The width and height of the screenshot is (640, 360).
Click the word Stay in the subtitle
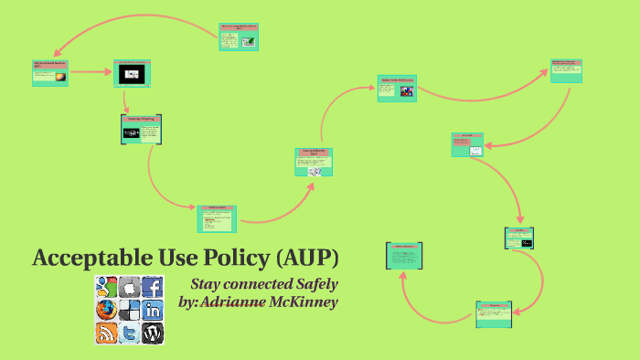point(206,284)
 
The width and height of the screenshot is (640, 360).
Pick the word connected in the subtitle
point(260,284)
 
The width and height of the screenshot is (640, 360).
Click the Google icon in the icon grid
point(106,287)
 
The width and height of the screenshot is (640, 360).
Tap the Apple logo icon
point(129,287)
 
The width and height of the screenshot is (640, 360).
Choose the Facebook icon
point(153,287)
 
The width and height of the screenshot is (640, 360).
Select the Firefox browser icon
point(106,310)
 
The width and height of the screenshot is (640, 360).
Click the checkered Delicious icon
point(129,310)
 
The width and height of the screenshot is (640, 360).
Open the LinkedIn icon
point(153,310)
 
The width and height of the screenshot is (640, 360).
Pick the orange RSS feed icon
point(106,333)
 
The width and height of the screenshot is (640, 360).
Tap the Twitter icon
point(129,333)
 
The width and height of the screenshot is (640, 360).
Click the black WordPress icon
point(153,333)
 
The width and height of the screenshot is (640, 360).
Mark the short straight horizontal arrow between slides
point(90,71)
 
